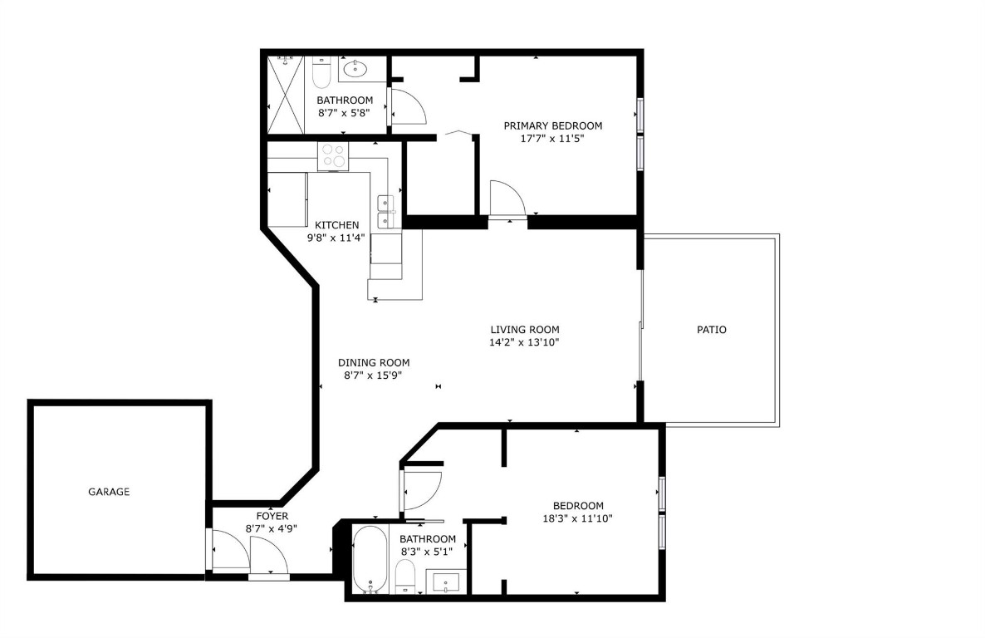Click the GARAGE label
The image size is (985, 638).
coord(109,492)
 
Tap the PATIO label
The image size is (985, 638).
coord(711,330)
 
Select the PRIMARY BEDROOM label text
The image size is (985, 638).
coord(552,125)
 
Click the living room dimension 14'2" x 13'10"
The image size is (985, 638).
coord(524,342)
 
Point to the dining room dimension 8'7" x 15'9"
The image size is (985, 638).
coord(373,375)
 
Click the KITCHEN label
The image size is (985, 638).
coord(336,225)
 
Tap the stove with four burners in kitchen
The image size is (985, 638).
coord(334,155)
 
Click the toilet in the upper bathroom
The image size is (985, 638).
coord(321,74)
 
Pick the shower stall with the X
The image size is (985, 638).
coord(286,94)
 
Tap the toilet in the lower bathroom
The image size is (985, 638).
coord(405,575)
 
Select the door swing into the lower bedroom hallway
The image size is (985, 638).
coord(422,492)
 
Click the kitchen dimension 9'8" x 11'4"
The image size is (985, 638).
coord(336,238)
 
